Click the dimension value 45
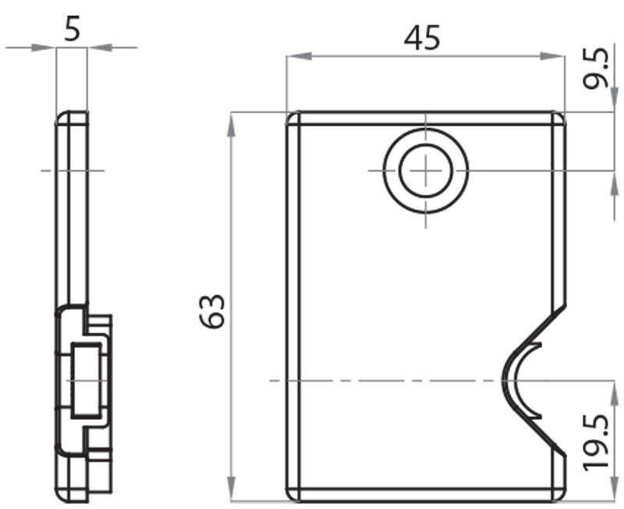[x=422, y=37]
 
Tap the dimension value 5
[x=72, y=29]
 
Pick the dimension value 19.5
[x=598, y=443]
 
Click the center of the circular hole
[x=426, y=170]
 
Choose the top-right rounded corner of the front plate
[x=558, y=117]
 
